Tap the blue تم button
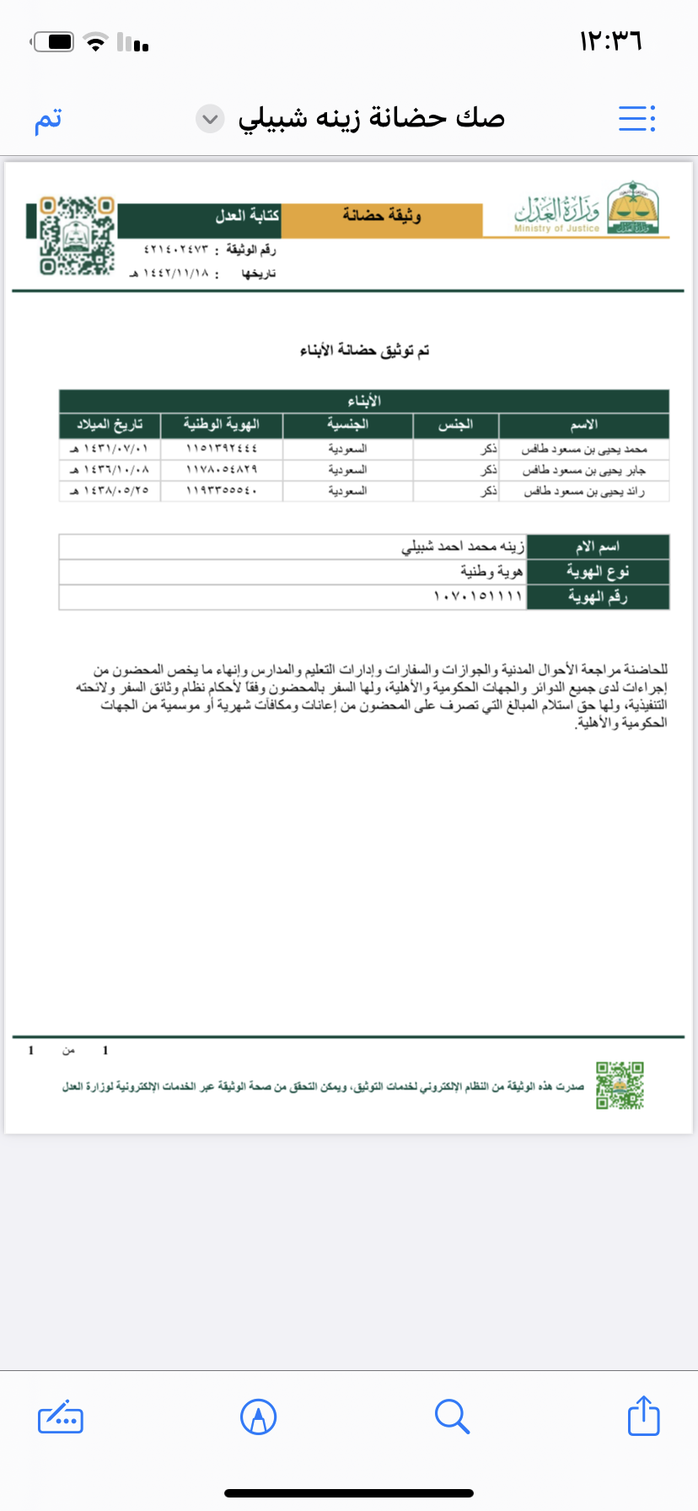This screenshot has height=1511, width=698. click(48, 119)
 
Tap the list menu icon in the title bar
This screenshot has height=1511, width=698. click(636, 119)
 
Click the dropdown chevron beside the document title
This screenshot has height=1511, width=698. click(210, 119)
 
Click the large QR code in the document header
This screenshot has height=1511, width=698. click(77, 235)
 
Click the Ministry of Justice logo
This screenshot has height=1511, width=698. click(587, 209)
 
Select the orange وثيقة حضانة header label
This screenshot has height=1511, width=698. click(381, 217)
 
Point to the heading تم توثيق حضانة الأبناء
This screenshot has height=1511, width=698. click(364, 350)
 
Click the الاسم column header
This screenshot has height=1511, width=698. click(583, 425)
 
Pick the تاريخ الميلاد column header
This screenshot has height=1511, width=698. click(110, 425)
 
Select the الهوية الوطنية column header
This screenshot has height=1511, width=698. click(221, 425)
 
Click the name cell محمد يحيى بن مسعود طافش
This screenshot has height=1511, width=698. click(583, 449)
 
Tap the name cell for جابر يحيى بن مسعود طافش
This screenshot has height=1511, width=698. click(583, 471)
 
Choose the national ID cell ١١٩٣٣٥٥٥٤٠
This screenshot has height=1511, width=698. click(221, 491)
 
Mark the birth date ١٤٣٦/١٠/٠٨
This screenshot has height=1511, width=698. click(110, 471)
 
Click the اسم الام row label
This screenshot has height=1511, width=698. click(597, 547)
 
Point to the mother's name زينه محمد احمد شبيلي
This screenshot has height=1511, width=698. click(463, 547)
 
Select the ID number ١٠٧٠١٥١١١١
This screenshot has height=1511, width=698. click(478, 597)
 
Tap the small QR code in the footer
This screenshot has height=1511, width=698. click(620, 1085)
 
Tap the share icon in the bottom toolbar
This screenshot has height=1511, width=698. click(643, 1416)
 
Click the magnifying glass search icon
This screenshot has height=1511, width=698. click(452, 1416)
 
